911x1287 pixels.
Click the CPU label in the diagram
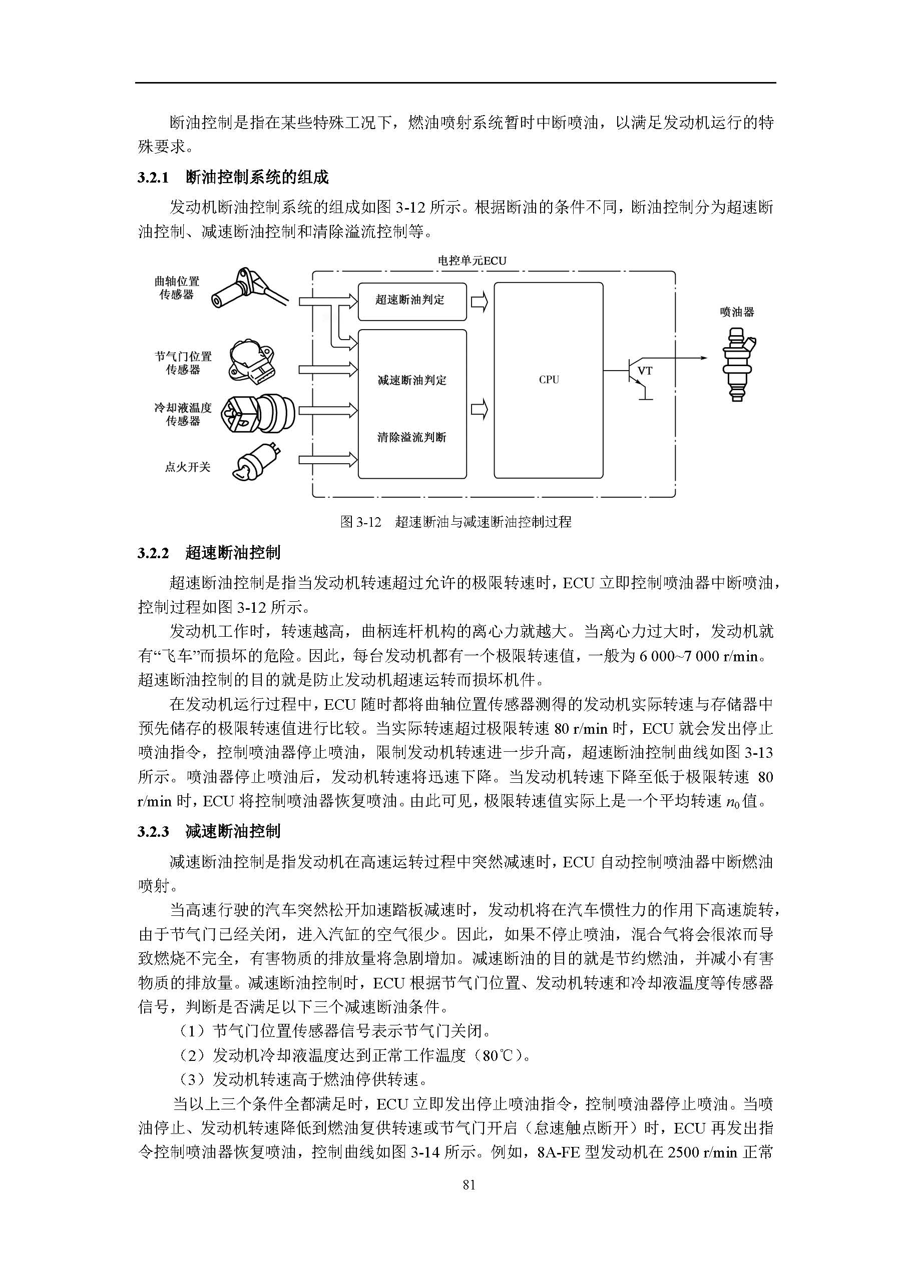point(549,380)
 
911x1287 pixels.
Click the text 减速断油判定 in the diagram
point(412,381)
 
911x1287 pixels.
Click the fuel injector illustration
point(737,364)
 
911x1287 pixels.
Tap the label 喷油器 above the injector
point(737,312)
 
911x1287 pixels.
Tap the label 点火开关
point(187,467)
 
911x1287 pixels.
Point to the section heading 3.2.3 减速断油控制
point(209,831)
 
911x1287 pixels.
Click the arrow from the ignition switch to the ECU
point(327,460)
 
